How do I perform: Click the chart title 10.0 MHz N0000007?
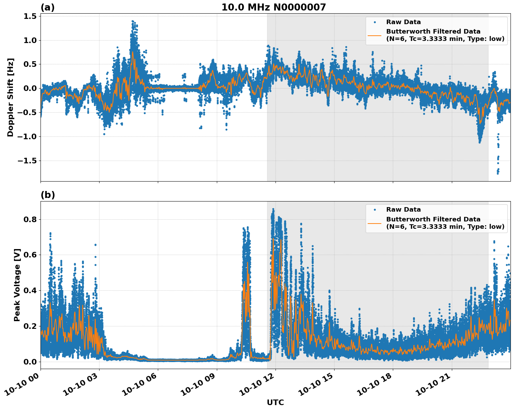273,7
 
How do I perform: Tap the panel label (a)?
47,7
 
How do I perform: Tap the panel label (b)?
47,195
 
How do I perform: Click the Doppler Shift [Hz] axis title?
10,97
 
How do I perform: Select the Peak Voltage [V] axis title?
17,285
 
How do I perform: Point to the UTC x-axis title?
275,402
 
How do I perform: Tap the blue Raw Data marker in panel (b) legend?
375,210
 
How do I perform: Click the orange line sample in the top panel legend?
375,35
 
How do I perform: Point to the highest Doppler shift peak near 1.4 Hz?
133,21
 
